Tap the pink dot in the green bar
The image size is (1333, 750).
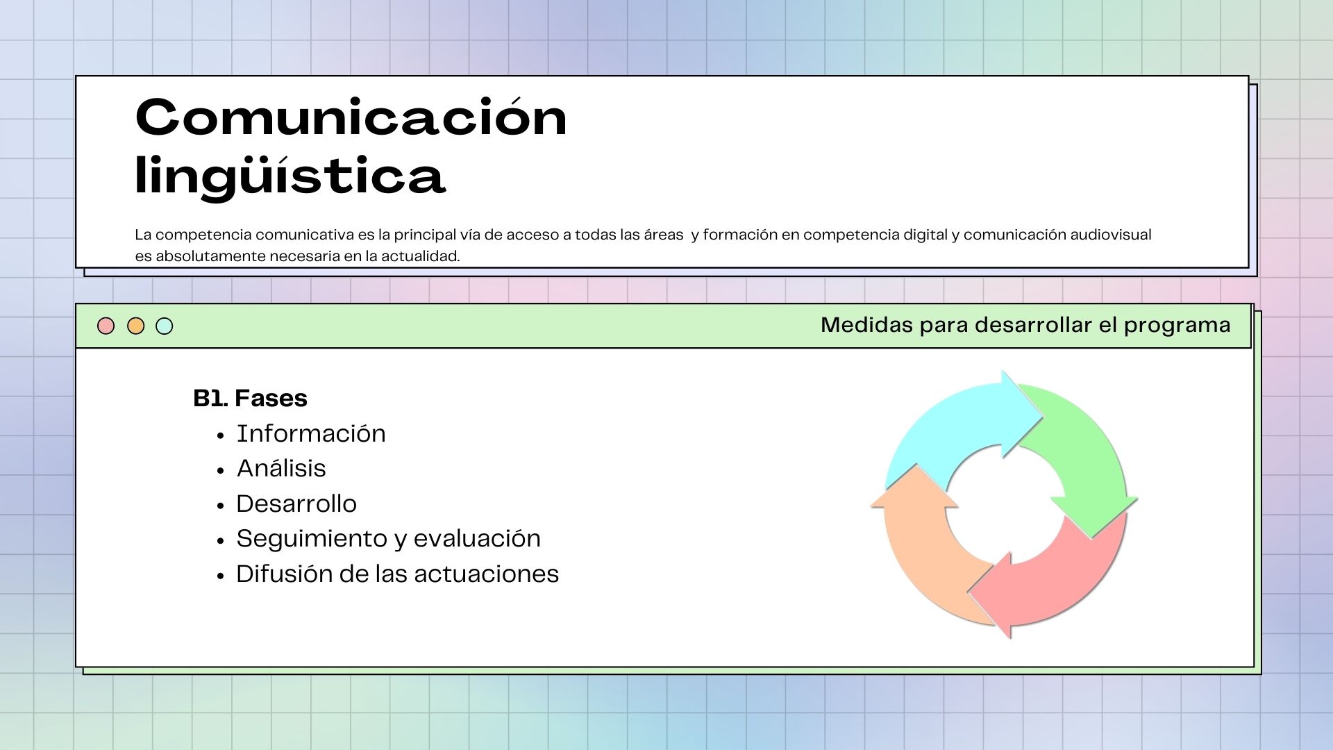106,326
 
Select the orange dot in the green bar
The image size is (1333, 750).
136,326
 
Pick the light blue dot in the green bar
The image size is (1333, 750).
165,326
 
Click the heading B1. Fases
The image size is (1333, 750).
250,398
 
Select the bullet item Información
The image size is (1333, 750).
311,433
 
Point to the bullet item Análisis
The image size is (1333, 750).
281,468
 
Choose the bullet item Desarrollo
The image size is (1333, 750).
296,503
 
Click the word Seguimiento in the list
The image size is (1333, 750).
312,539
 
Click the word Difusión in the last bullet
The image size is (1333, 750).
284,574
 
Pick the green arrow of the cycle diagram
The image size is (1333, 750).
1090,451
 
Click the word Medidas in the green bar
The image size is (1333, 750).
866,325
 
